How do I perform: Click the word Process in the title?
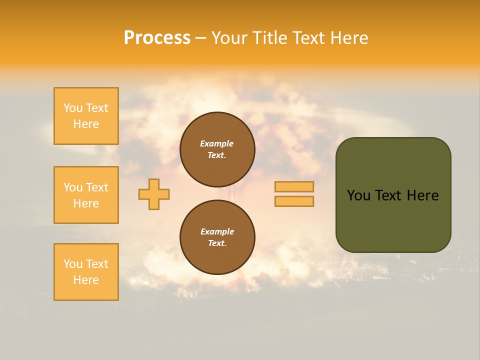point(157,38)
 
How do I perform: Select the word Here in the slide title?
point(348,38)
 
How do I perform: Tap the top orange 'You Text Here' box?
point(86,116)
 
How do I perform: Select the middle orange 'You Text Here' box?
point(86,195)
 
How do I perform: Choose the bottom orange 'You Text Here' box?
point(86,272)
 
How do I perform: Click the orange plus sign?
point(154,194)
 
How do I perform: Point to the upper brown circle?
point(217,149)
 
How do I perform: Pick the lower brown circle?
point(217,237)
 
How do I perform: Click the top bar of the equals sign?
point(294,187)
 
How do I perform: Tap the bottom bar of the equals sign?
point(294,201)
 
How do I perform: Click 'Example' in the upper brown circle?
point(217,143)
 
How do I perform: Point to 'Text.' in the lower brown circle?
point(217,243)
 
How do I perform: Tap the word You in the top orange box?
point(73,108)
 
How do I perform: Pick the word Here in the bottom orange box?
point(86,280)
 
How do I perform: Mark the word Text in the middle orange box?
point(97,187)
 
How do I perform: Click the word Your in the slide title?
point(230,38)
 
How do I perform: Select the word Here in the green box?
point(422,195)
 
